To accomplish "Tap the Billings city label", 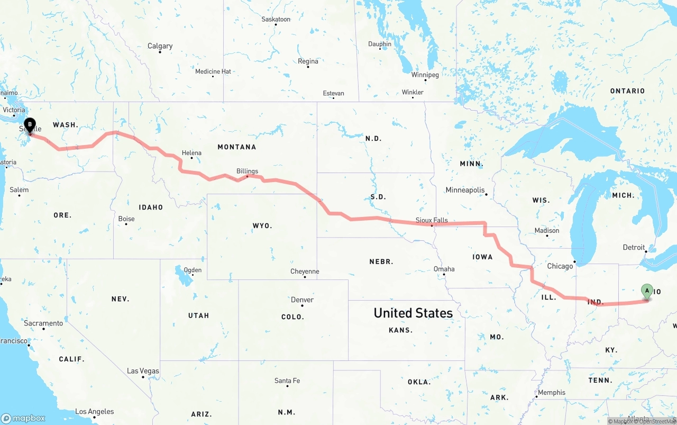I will (x=247, y=171).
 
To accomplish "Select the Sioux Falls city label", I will (x=432, y=220).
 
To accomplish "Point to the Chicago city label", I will (x=560, y=266).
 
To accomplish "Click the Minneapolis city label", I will (x=465, y=190).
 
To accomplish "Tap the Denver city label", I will (x=302, y=300).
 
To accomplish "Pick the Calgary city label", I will (x=160, y=46).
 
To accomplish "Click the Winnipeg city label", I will (x=425, y=75).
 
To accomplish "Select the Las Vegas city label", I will (x=143, y=371).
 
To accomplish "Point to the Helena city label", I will (x=191, y=153).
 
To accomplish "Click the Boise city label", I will (x=126, y=219).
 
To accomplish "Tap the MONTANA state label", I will (x=236, y=147).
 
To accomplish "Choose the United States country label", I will (x=413, y=313).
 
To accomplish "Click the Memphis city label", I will (x=552, y=393).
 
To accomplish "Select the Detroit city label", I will (x=634, y=247).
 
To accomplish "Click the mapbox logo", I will (x=23, y=418).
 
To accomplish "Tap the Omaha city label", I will (x=444, y=269).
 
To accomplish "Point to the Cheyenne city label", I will (x=305, y=272).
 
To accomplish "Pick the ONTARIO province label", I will (x=627, y=91).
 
